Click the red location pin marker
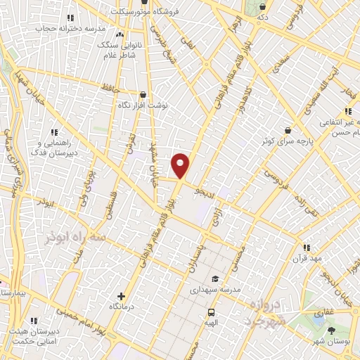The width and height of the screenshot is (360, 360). (x=181, y=165)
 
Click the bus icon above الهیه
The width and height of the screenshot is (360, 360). (x=210, y=312)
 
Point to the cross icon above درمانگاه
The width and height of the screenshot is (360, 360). (x=122, y=297)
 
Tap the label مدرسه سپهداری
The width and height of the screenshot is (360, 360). (x=216, y=289)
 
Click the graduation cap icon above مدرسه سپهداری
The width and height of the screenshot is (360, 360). (x=214, y=278)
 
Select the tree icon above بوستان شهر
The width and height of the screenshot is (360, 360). (x=331, y=330)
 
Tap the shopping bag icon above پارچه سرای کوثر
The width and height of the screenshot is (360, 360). (x=288, y=130)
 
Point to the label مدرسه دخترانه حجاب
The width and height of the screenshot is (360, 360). (x=70, y=29)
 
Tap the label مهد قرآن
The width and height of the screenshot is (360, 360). (x=307, y=259)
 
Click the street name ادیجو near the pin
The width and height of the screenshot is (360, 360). (x=210, y=191)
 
